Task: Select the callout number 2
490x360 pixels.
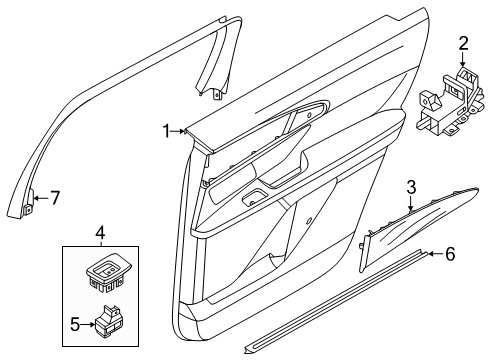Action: (x=462, y=42)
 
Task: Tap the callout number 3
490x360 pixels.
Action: (x=410, y=186)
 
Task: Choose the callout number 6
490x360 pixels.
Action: (x=449, y=255)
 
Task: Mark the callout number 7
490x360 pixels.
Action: (x=56, y=198)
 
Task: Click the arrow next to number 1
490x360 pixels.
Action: (x=183, y=130)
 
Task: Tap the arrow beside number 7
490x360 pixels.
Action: (x=37, y=198)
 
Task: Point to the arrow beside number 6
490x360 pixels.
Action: (x=431, y=255)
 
